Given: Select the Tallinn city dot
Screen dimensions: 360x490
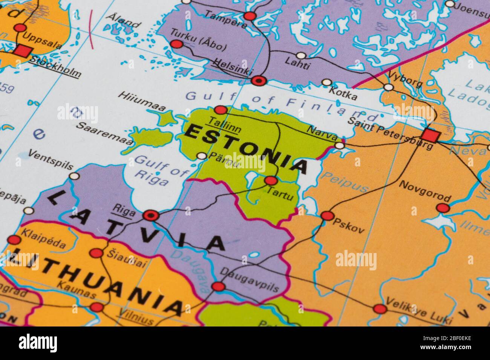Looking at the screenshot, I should [x=220, y=110].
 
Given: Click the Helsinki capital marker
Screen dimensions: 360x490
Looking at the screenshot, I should [x=259, y=80].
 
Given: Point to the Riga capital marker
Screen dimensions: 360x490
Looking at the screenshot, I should [x=151, y=215].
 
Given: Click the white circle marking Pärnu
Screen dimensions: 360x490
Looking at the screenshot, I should [x=202, y=156].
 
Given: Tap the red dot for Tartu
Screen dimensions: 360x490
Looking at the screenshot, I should [x=271, y=181].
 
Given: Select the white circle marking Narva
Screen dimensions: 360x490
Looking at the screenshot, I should [x=340, y=145].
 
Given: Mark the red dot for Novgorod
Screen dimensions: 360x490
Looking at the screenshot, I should [x=443, y=208].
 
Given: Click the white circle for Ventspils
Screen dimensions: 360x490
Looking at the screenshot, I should [x=75, y=176].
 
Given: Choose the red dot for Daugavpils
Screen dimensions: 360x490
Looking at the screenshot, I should [x=218, y=287].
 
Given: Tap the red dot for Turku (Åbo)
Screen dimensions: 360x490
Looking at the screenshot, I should [x=176, y=44].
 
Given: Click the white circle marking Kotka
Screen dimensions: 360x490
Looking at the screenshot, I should [x=326, y=82].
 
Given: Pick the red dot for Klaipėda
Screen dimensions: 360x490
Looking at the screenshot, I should [x=14, y=240].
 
